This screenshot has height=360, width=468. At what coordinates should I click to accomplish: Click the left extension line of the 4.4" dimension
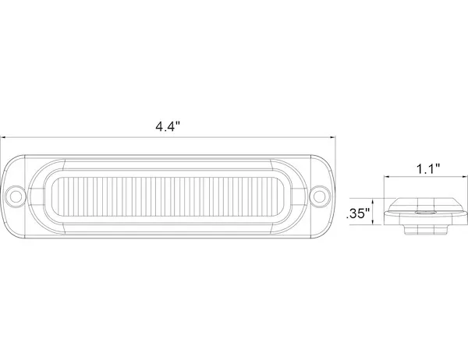click(2, 156)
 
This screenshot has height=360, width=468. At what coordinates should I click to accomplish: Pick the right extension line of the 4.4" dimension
click(335, 156)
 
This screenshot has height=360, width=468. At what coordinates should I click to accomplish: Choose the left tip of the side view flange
click(388, 212)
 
